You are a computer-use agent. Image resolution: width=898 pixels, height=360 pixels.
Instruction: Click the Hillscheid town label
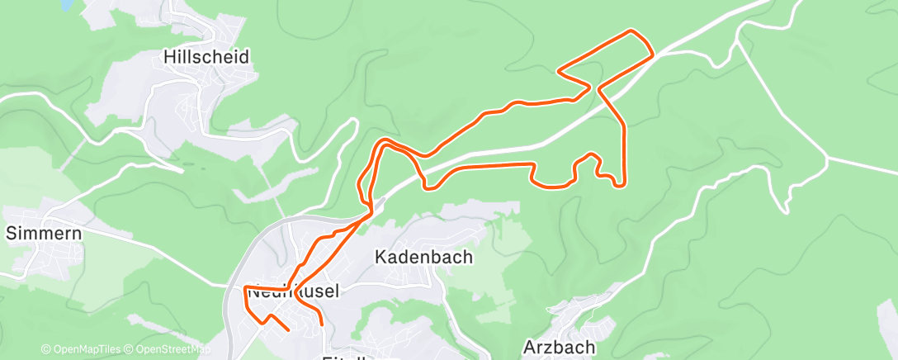point(206,57)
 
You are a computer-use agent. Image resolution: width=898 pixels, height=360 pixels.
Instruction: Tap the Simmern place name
point(43,233)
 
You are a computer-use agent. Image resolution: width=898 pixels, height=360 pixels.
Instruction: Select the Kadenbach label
point(423,257)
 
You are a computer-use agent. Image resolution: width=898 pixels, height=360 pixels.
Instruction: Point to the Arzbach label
point(559,347)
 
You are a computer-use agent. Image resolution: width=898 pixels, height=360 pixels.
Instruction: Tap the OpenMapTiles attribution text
point(86,349)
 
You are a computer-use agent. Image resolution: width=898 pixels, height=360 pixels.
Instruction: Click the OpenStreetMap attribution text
point(168,349)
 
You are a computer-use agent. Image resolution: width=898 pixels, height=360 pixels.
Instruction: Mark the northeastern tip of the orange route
point(633,31)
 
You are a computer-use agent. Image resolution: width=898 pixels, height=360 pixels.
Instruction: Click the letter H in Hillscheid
point(170,57)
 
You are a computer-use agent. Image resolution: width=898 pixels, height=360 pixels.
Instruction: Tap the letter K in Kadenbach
point(380,257)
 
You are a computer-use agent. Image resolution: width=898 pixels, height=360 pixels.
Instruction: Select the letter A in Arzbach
point(530,347)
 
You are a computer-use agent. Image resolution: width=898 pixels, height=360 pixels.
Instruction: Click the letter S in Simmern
point(11,233)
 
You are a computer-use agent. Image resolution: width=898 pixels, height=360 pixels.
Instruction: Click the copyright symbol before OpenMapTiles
point(45,349)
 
